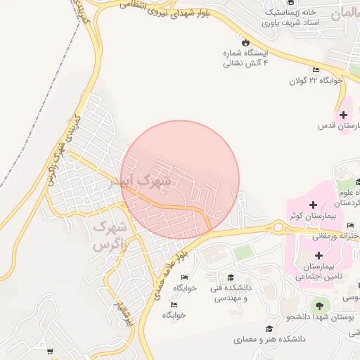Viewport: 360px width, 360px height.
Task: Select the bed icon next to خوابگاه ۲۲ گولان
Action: pyautogui.click(x=316, y=70)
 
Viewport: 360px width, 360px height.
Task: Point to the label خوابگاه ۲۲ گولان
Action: pyautogui.click(x=316, y=80)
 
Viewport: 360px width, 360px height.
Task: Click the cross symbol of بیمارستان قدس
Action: pyautogui.click(x=343, y=115)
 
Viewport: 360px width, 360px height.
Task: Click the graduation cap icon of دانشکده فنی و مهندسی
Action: pyautogui.click(x=231, y=277)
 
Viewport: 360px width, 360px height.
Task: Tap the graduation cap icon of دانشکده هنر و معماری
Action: pyautogui.click(x=269, y=328)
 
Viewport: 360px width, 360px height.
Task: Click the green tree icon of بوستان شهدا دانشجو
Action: pyautogui.click(x=320, y=306)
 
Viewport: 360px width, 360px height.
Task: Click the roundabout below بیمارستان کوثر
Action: pyautogui.click(x=278, y=227)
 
